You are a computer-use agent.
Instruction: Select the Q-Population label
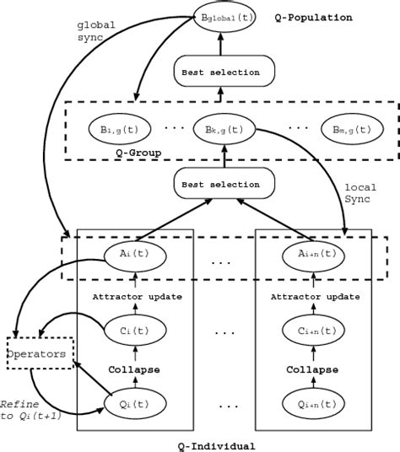pyautogui.click(x=314, y=16)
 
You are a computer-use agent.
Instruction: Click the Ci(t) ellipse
pyautogui.click(x=136, y=331)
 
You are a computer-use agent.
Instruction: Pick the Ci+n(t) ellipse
pyautogui.click(x=313, y=331)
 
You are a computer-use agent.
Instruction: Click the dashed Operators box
pyautogui.click(x=36, y=354)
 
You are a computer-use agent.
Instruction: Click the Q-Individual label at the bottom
pyautogui.click(x=222, y=445)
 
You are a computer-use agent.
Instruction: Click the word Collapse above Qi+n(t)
pyautogui.click(x=313, y=369)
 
